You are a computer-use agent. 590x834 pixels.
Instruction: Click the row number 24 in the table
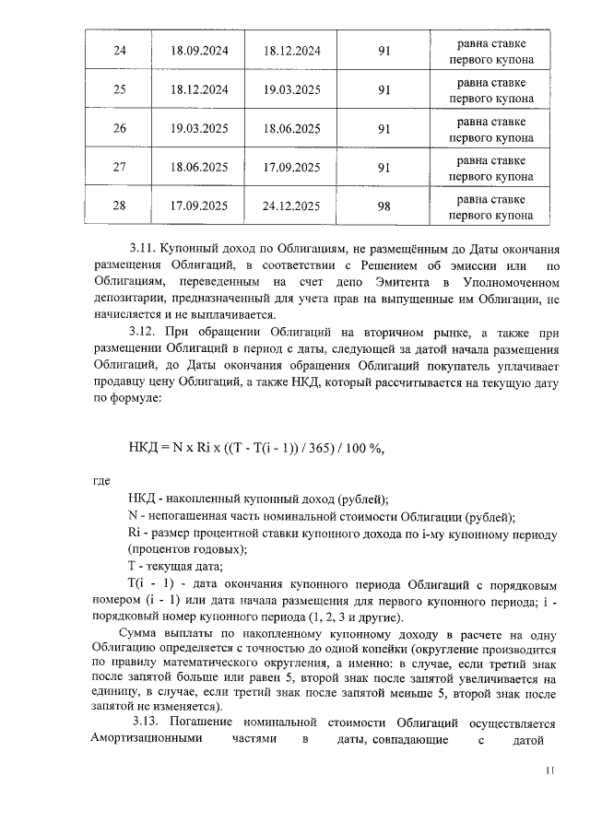pos(119,51)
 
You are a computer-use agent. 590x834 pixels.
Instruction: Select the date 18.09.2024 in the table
pos(199,51)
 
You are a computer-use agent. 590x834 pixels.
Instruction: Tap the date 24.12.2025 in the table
pos(291,206)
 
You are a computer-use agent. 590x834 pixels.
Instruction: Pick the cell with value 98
pos(384,206)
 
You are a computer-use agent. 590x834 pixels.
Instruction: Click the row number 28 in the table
pos(119,206)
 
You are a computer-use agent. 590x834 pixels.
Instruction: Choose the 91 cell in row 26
pos(384,129)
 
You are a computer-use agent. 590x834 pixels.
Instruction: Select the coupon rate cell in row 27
pos(490,168)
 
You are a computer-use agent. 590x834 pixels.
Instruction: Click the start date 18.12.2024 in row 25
pos(199,90)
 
